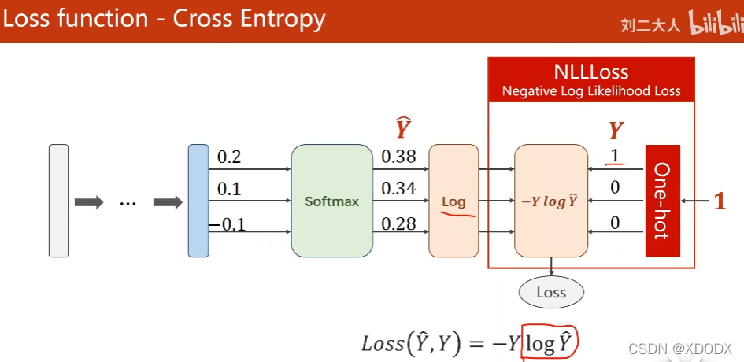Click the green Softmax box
pyautogui.click(x=331, y=201)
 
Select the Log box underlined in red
pyautogui.click(x=453, y=201)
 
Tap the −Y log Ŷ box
pyautogui.click(x=551, y=201)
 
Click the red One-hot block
pyautogui.click(x=661, y=201)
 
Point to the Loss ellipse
pyautogui.click(x=551, y=293)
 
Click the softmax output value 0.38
pyautogui.click(x=398, y=157)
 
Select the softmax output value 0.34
pyautogui.click(x=398, y=190)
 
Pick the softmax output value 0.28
pyautogui.click(x=398, y=224)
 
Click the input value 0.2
pyautogui.click(x=229, y=157)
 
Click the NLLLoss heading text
pyautogui.click(x=591, y=72)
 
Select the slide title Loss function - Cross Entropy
pyautogui.click(x=165, y=19)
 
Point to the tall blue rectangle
pyautogui.click(x=198, y=201)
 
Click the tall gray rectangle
pyautogui.click(x=59, y=201)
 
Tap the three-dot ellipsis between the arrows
pyautogui.click(x=128, y=202)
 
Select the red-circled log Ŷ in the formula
pyautogui.click(x=550, y=343)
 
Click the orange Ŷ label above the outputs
pyautogui.click(x=403, y=127)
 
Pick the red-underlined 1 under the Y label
pyautogui.click(x=616, y=156)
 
